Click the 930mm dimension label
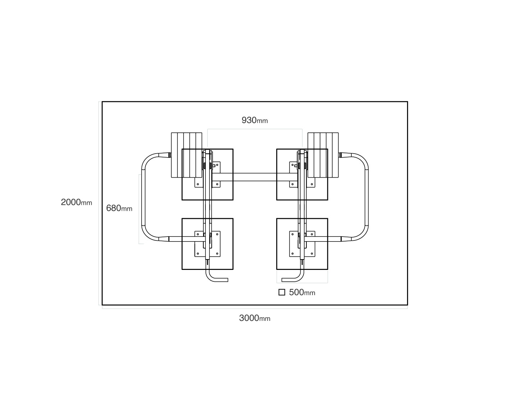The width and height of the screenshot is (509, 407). (x=254, y=120)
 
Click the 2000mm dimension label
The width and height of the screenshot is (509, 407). (x=77, y=202)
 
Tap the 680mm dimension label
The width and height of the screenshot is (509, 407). (x=119, y=208)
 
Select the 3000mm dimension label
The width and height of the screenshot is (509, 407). (x=254, y=318)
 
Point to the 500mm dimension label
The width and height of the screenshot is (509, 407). (x=302, y=293)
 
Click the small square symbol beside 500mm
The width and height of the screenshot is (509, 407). (x=282, y=293)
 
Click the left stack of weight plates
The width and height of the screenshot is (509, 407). (x=186, y=155)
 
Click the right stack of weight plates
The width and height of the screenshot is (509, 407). (x=323, y=155)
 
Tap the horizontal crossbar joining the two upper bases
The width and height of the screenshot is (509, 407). (x=255, y=177)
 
